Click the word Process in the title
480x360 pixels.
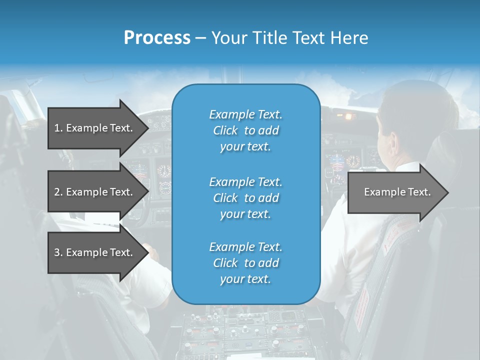(157, 37)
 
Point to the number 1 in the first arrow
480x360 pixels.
(57, 128)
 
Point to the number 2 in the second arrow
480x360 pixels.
(57, 192)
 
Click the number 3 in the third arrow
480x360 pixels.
(57, 252)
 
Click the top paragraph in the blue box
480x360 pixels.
(245, 130)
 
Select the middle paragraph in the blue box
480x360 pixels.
(245, 198)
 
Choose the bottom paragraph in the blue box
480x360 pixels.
(245, 263)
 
